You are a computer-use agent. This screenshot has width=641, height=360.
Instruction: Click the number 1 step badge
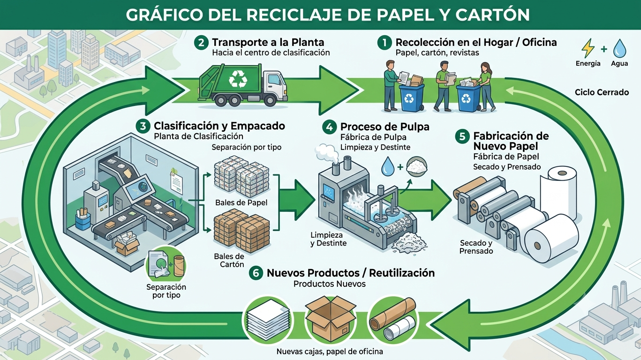coord(385,43)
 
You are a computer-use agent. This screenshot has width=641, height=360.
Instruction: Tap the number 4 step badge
coord(329,127)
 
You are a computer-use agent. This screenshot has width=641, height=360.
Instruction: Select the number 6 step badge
coord(256,273)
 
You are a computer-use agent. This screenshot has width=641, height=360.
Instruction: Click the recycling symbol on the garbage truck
coord(238,79)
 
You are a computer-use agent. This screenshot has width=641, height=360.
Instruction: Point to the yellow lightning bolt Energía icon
coord(588,49)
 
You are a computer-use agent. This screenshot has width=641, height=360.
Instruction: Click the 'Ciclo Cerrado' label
coord(602,92)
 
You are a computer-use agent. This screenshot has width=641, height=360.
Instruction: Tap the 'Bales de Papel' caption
coord(241,202)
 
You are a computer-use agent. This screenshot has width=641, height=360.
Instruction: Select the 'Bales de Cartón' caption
coord(229,260)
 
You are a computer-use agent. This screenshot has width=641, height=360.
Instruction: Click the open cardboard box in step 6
coord(331,318)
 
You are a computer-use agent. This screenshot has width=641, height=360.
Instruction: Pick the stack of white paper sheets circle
coord(268,320)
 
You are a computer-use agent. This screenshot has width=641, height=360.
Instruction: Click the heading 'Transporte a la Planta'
coord(268,42)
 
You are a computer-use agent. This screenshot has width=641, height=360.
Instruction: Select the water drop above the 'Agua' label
coord(619,48)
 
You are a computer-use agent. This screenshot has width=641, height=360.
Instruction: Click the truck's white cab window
coord(275,80)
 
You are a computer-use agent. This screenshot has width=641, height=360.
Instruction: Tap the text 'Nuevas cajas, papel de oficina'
coord(330,352)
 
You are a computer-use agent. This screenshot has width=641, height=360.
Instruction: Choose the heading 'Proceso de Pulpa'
coord(385,127)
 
